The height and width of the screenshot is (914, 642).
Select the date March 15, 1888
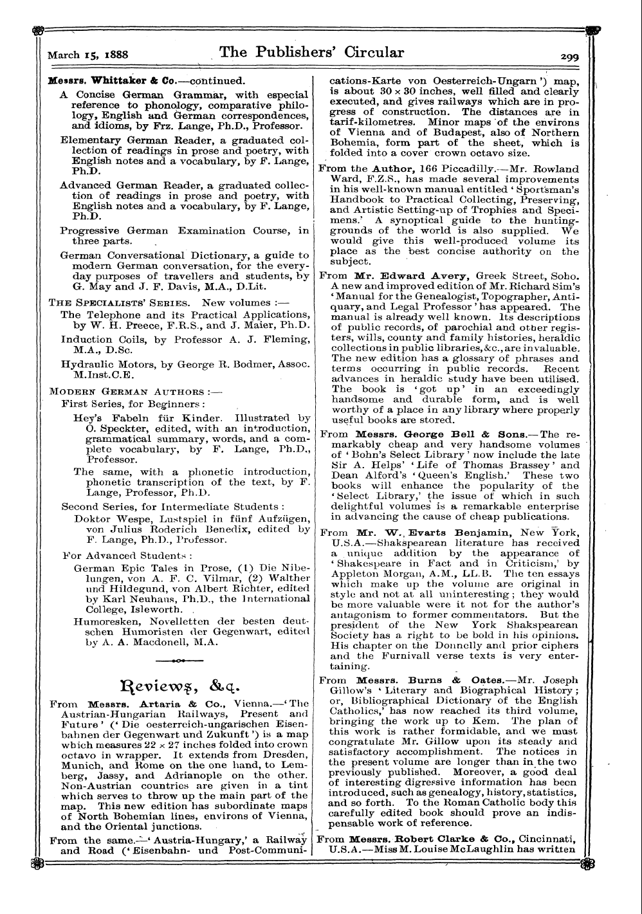click(x=85, y=55)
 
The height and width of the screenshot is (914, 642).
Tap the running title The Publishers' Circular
click(x=312, y=53)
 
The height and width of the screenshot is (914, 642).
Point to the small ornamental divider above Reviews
click(x=179, y=660)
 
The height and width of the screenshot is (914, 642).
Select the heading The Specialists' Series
click(x=119, y=302)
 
